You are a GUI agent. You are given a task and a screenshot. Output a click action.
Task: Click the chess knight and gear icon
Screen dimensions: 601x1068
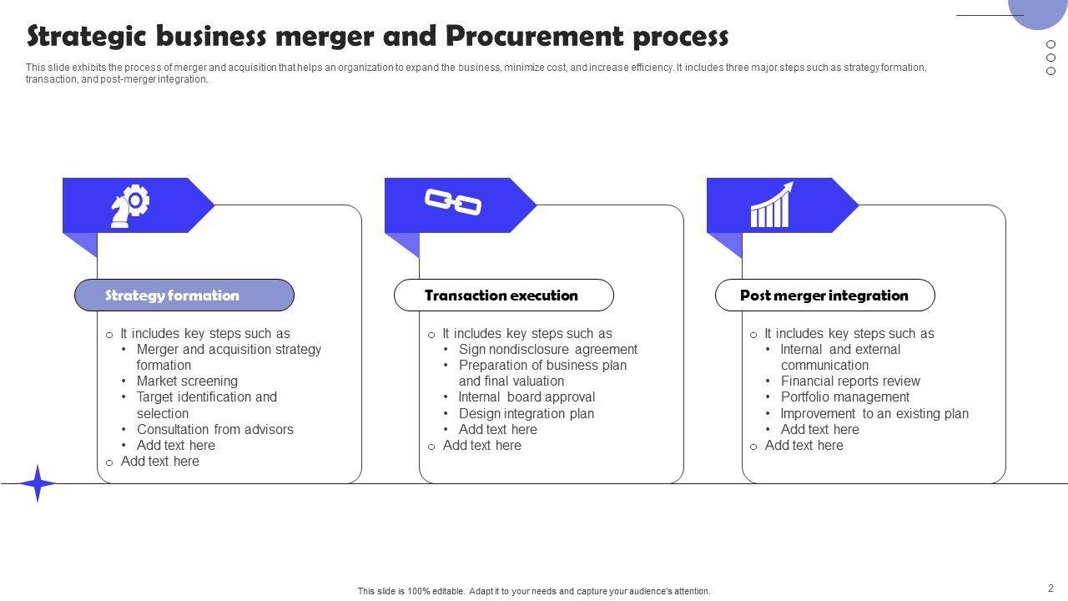point(130,205)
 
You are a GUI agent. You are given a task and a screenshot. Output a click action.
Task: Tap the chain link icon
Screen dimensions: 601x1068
point(453,202)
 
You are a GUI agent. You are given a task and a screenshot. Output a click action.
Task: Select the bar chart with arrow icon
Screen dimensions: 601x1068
point(771,205)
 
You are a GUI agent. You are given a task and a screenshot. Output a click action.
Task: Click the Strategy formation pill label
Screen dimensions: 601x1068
point(184,295)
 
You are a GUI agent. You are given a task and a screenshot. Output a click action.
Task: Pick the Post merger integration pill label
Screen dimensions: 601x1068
point(824,295)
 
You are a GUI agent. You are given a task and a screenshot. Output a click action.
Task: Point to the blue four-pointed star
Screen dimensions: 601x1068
point(38,483)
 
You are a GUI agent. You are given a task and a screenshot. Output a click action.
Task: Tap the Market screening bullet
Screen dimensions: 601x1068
point(187,381)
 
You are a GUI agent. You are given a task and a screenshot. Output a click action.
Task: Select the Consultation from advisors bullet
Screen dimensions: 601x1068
point(214,429)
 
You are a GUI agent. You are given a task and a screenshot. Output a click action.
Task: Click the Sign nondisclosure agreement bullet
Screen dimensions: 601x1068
point(547,350)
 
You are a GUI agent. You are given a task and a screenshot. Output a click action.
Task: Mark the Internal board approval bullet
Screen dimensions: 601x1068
point(526,397)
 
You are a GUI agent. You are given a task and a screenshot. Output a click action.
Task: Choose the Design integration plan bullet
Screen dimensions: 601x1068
point(526,413)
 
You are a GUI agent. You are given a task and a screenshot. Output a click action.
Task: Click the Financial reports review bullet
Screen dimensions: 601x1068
point(850,381)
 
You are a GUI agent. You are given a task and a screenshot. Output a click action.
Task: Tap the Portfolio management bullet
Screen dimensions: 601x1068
point(844,397)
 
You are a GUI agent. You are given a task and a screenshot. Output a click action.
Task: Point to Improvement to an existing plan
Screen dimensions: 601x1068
point(874,413)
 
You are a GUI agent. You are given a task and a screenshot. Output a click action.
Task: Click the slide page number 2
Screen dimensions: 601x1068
point(1050,588)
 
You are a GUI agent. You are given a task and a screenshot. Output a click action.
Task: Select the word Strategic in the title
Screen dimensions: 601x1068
point(84,37)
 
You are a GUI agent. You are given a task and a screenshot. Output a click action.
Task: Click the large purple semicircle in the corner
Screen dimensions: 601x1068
point(1038,12)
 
